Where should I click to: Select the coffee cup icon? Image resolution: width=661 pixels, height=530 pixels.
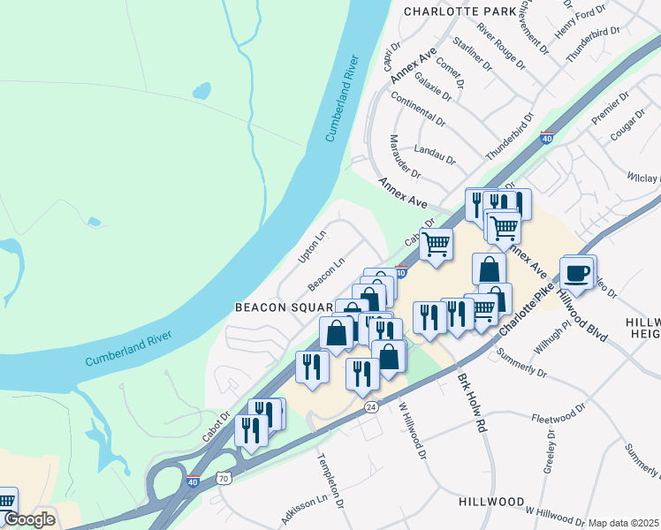577,273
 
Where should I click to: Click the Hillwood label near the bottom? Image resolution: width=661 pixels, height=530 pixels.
492,501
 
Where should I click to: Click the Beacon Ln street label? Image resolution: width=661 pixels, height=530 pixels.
326,275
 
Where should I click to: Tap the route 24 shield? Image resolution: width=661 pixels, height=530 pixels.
371,406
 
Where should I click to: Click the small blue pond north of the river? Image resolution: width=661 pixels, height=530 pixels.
202,91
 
